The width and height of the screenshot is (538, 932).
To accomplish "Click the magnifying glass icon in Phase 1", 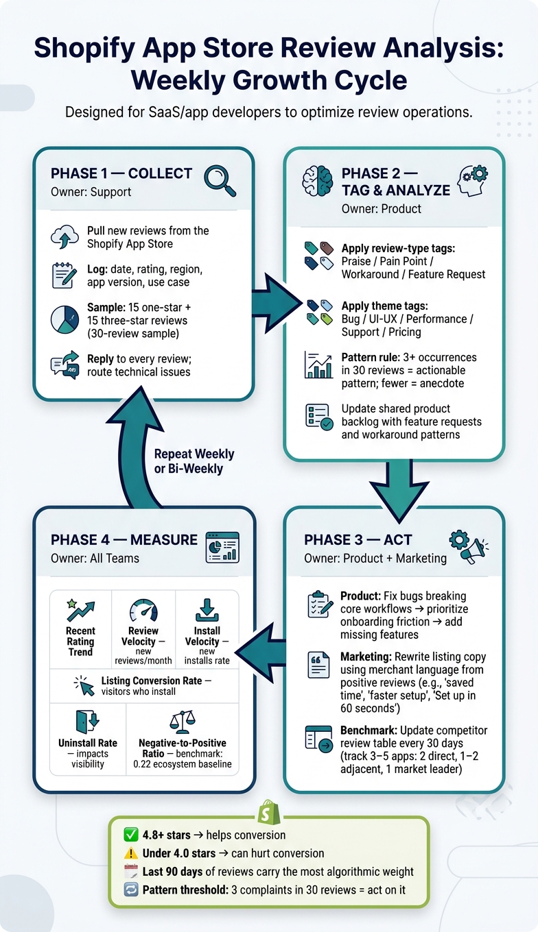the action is point(220,181).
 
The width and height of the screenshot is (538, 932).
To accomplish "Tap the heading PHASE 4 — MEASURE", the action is point(124,539).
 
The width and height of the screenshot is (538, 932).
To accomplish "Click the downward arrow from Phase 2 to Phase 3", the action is point(399,490).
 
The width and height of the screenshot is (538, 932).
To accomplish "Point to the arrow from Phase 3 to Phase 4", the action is point(261,652).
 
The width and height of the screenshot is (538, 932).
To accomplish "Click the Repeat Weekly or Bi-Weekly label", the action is point(194,461).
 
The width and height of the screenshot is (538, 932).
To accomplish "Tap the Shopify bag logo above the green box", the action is point(269,812).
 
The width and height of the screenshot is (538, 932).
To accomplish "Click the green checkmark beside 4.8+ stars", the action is point(131,834).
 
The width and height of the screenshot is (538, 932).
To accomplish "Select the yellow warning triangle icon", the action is point(131,853).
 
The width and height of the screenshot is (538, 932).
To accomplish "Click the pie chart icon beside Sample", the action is point(65,319).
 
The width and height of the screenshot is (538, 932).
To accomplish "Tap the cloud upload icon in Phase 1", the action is point(65,236).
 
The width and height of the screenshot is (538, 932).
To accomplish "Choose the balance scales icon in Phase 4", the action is point(183,722).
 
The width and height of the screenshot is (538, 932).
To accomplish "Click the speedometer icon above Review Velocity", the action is point(143,611).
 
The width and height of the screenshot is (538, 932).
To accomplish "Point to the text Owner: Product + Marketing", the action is point(375,559).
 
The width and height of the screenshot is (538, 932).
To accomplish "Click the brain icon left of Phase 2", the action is point(318,181).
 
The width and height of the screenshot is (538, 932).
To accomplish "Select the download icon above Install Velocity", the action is point(207,610).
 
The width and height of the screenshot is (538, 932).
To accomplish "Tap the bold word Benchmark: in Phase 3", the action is point(369,731).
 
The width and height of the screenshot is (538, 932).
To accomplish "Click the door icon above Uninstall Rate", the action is point(87,722).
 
